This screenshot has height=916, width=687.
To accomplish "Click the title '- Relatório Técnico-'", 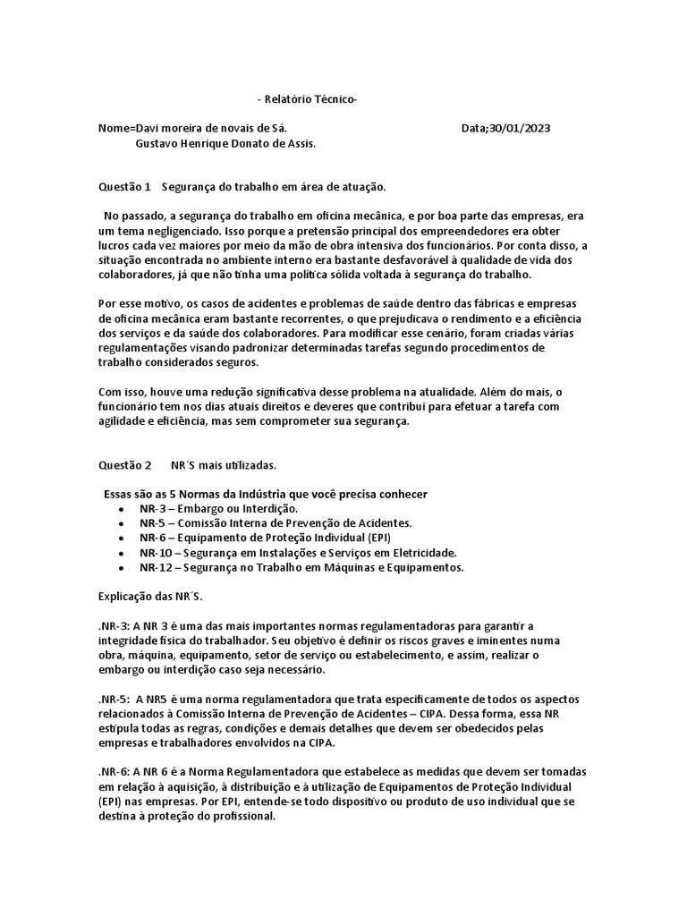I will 306,99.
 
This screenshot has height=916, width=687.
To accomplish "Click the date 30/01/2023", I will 520,128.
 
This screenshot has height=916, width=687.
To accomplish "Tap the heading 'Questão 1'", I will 124,187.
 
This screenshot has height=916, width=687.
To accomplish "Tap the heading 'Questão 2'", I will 124,465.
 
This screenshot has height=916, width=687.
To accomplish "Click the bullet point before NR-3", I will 120,509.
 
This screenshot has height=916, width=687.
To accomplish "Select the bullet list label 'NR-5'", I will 152,522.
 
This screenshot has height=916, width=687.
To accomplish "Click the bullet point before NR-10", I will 120,553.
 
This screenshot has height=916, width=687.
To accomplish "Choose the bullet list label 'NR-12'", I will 155,567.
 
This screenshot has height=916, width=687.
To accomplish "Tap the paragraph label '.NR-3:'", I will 114,625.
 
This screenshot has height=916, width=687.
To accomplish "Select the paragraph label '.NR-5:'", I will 114,699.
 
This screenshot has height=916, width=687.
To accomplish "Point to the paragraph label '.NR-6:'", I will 114,772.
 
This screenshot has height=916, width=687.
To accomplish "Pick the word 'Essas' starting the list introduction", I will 120,494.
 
